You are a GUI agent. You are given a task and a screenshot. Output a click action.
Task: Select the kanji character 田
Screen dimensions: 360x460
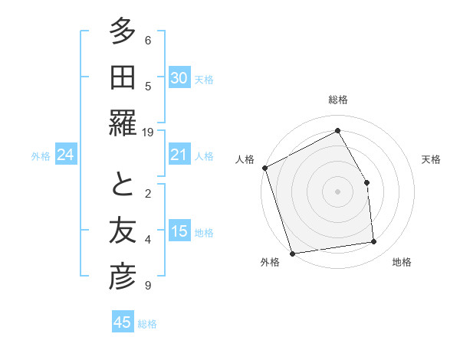(122, 80)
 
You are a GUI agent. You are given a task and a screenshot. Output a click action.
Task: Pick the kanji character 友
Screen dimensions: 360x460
(122, 233)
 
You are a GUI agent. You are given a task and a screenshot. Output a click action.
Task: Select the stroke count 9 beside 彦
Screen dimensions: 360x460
(148, 286)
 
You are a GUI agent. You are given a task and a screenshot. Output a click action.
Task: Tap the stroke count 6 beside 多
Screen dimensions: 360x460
(148, 40)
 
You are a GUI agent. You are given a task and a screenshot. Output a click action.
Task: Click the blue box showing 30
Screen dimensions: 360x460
(179, 77)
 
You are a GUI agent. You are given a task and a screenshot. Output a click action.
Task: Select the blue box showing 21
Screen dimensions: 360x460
(179, 155)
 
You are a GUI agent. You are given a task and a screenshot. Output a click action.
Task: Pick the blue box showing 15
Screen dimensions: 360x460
(179, 231)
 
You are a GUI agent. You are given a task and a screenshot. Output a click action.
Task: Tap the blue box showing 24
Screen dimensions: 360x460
(65, 155)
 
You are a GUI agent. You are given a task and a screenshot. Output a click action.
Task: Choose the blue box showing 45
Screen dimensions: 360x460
(123, 322)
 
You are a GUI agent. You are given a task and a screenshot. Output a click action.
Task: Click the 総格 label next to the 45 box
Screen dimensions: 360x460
(147, 324)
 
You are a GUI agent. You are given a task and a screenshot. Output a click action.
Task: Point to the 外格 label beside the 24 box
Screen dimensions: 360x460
(41, 156)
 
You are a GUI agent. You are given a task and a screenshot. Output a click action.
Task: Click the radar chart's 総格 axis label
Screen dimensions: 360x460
(338, 100)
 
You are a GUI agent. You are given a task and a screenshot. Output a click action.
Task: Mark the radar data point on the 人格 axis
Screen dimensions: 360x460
(264, 168)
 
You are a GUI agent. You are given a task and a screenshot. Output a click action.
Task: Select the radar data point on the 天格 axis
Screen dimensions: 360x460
(366, 182)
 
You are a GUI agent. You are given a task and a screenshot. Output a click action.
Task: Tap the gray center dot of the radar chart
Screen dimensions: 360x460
(337, 191)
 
